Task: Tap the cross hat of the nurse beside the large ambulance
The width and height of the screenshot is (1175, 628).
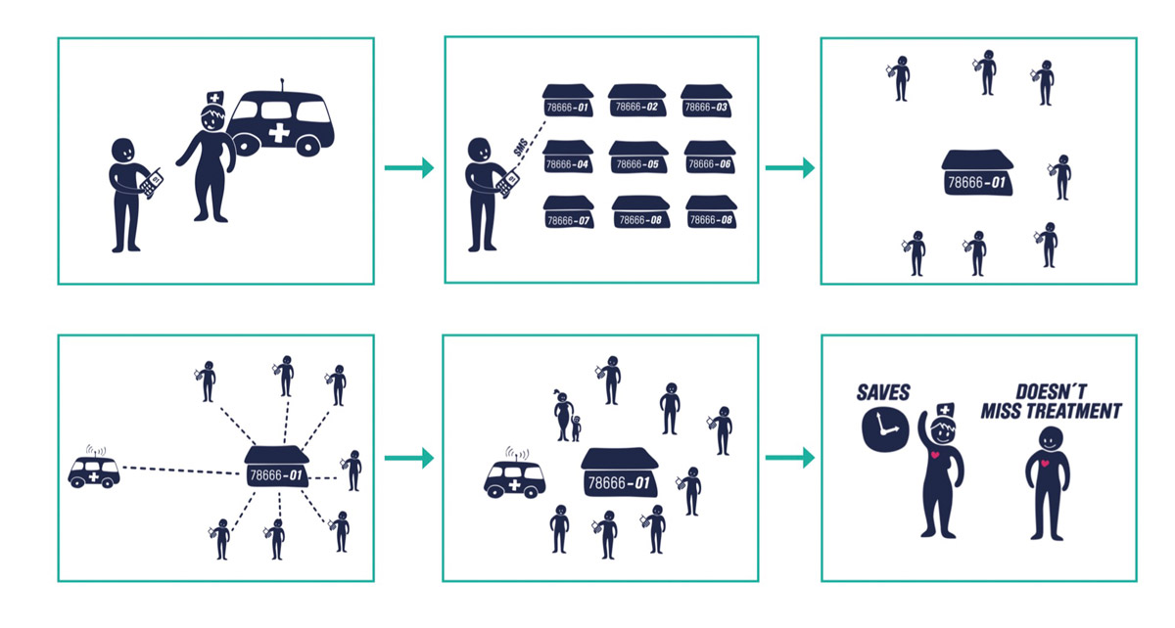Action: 213,99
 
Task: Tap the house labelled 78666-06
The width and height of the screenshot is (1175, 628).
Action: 708,159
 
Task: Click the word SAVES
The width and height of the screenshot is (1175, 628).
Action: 882,392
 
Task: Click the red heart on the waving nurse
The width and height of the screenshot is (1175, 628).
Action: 938,457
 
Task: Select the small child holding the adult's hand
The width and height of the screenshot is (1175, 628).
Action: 577,429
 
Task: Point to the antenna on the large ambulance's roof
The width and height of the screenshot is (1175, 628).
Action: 283,84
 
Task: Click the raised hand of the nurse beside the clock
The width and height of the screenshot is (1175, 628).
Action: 922,421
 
